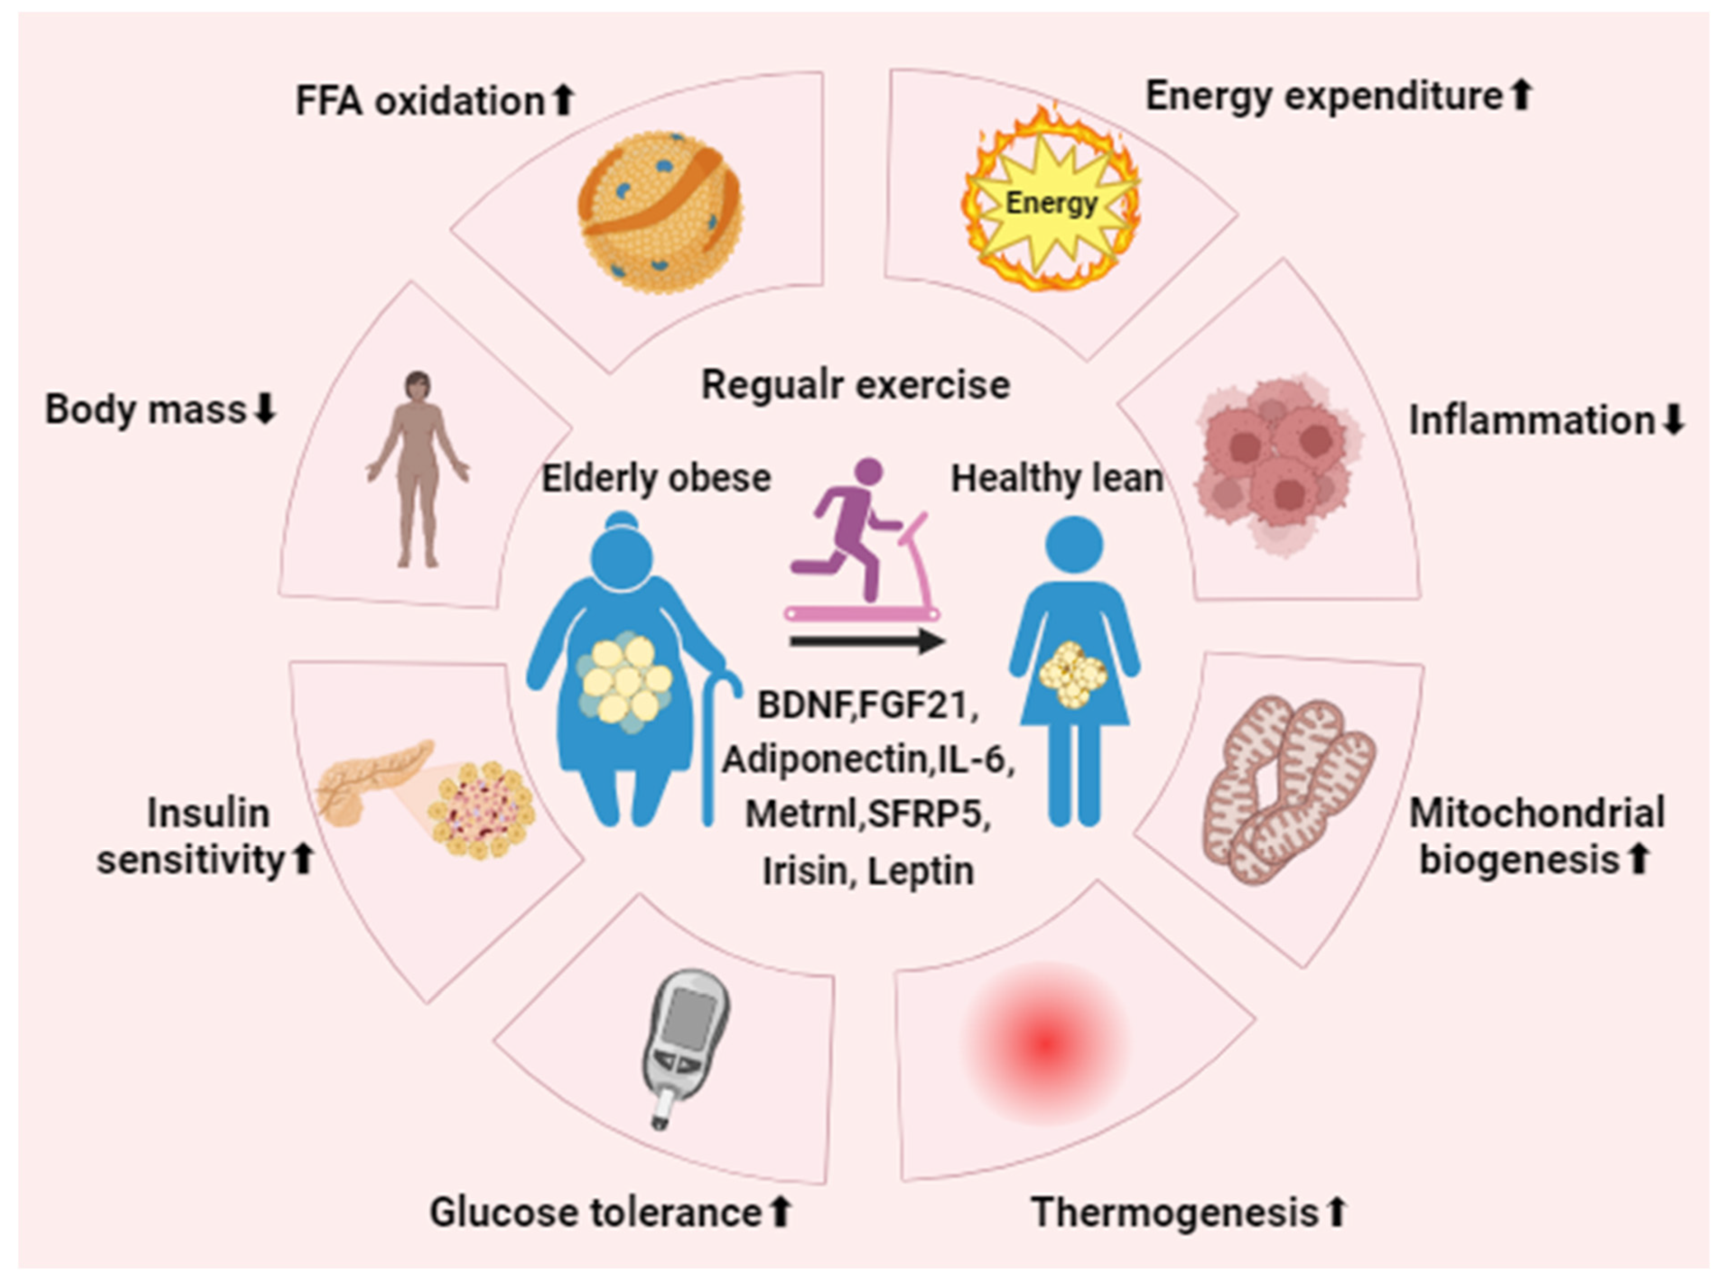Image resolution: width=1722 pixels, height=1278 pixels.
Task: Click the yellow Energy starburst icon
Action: (x=1050, y=203)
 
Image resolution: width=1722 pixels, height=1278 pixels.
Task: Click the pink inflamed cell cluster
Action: (x=1277, y=464)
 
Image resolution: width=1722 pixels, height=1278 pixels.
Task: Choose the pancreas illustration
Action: (x=372, y=781)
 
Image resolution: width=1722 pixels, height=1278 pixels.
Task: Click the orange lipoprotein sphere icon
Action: (x=660, y=212)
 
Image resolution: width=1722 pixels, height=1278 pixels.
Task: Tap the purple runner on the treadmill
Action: (x=852, y=526)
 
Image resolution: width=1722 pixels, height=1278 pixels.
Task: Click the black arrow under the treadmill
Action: (x=867, y=640)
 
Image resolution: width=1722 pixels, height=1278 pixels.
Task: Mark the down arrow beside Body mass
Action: (x=265, y=409)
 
